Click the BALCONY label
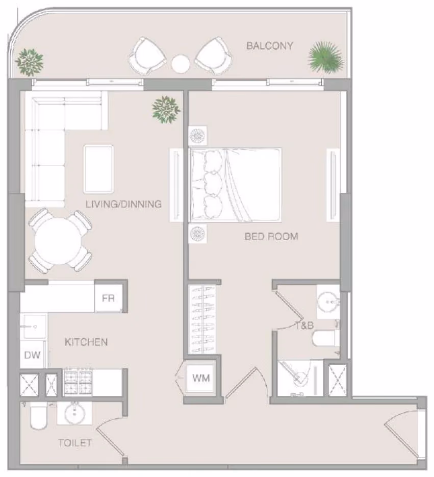click(269, 46)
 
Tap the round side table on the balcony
click(181, 64)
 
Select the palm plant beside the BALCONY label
click(326, 58)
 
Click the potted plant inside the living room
click(166, 109)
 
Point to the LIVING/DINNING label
click(123, 204)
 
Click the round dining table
click(58, 241)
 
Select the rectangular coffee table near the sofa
click(98, 169)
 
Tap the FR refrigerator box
click(109, 298)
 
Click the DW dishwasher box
click(32, 355)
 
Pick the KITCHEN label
click(86, 342)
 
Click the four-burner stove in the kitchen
click(78, 382)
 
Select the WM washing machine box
click(201, 378)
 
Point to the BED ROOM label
click(271, 236)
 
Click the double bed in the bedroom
click(235, 185)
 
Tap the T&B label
click(304, 325)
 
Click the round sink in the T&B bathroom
click(328, 302)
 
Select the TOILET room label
click(75, 443)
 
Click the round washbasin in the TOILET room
click(74, 413)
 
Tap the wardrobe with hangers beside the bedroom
click(202, 319)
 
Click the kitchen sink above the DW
click(34, 327)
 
